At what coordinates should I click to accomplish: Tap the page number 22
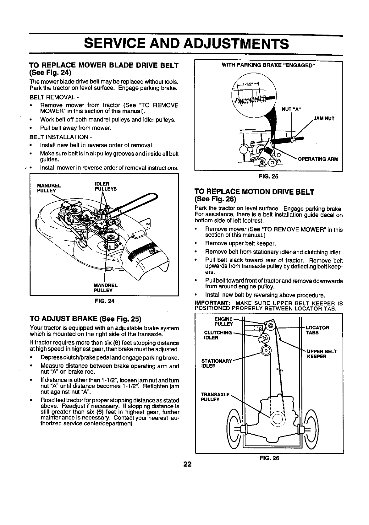pyautogui.click(x=188, y=464)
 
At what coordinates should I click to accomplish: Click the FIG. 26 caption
pyautogui.click(x=269, y=458)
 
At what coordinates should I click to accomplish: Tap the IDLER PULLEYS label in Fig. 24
pyautogui.click(x=106, y=186)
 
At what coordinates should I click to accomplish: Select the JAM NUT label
pyautogui.click(x=324, y=119)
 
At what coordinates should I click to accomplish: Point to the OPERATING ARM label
pyautogui.click(x=318, y=159)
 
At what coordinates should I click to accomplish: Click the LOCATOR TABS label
pyautogui.click(x=317, y=330)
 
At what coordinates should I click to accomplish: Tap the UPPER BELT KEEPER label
pyautogui.click(x=322, y=354)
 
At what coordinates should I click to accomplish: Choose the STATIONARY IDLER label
pyautogui.click(x=216, y=363)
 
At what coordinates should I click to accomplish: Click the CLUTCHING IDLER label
pyautogui.click(x=218, y=335)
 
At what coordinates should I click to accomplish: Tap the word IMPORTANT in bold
pyautogui.click(x=213, y=303)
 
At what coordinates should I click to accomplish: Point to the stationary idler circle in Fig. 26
pyautogui.click(x=266, y=350)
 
